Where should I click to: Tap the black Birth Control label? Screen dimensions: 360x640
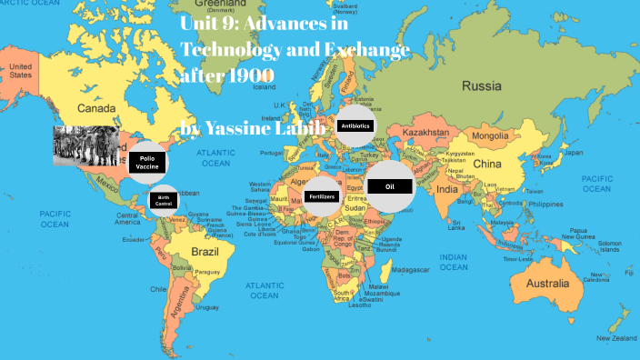[x=164, y=201]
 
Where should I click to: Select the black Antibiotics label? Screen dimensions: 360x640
[x=355, y=126]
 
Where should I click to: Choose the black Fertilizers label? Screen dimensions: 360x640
[x=322, y=195]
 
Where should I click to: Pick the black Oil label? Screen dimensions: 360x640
[x=390, y=185]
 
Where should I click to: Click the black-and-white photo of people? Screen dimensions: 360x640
[x=85, y=145]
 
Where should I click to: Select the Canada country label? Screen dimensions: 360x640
[x=96, y=109]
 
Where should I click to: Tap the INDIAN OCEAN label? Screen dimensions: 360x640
[x=453, y=263]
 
